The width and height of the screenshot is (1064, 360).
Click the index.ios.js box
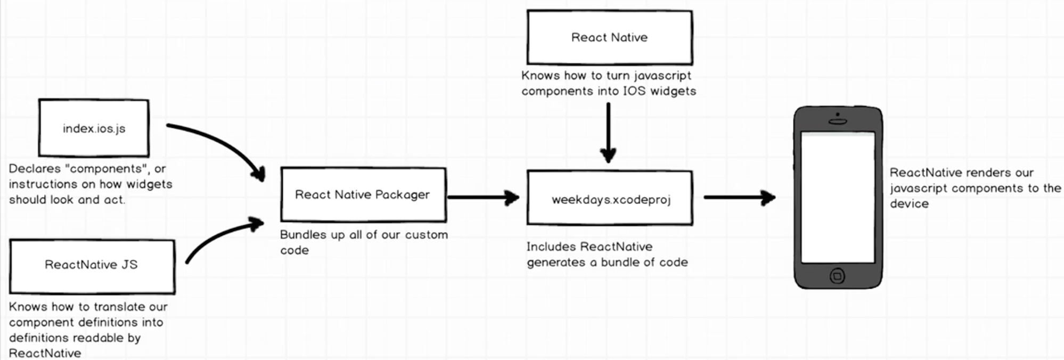click(94, 128)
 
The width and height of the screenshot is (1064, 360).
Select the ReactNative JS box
click(92, 266)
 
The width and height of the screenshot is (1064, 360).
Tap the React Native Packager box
click(363, 195)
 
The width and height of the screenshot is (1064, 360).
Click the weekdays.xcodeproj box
click(610, 198)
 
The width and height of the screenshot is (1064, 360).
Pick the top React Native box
click(610, 37)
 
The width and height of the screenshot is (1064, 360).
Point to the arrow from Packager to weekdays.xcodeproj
click(482, 198)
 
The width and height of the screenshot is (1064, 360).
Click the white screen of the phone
click(838, 197)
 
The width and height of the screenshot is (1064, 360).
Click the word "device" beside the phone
click(909, 204)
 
